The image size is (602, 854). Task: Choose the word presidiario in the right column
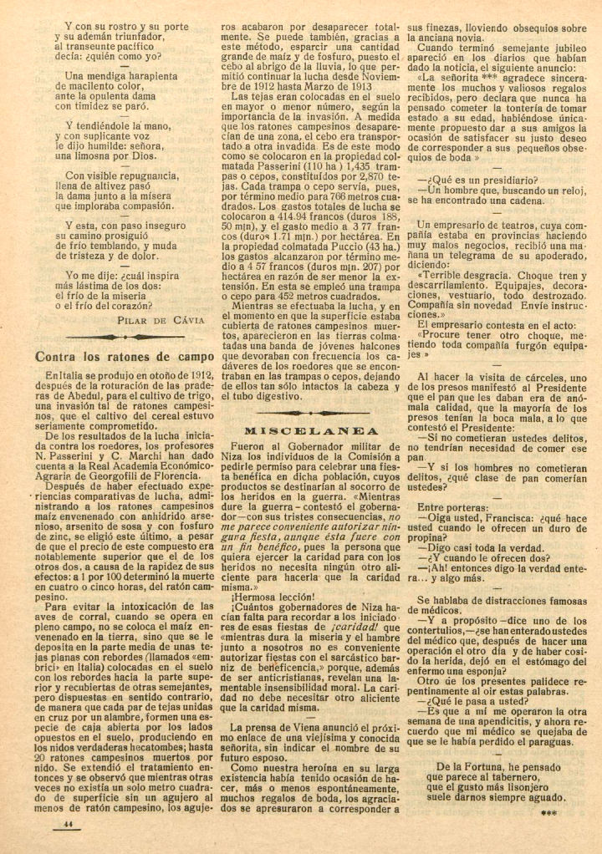click(x=489, y=180)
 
